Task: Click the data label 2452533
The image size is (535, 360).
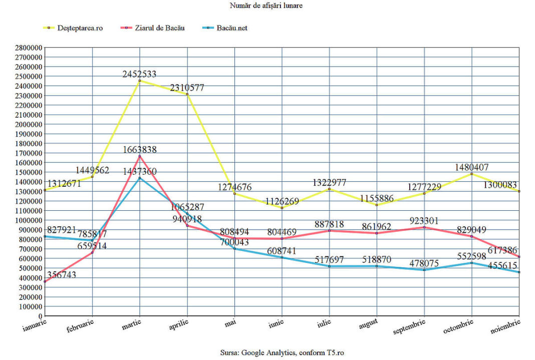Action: tap(139, 74)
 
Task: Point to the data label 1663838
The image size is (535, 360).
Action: tap(139, 150)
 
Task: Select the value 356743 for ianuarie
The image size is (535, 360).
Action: tap(62, 275)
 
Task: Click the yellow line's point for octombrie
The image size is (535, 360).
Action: tap(472, 174)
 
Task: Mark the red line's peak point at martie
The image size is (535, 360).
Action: tap(140, 156)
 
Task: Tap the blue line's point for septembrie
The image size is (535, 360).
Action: tap(424, 270)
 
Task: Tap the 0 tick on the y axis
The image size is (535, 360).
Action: tap(40, 316)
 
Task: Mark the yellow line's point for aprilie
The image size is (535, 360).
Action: tap(187, 94)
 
